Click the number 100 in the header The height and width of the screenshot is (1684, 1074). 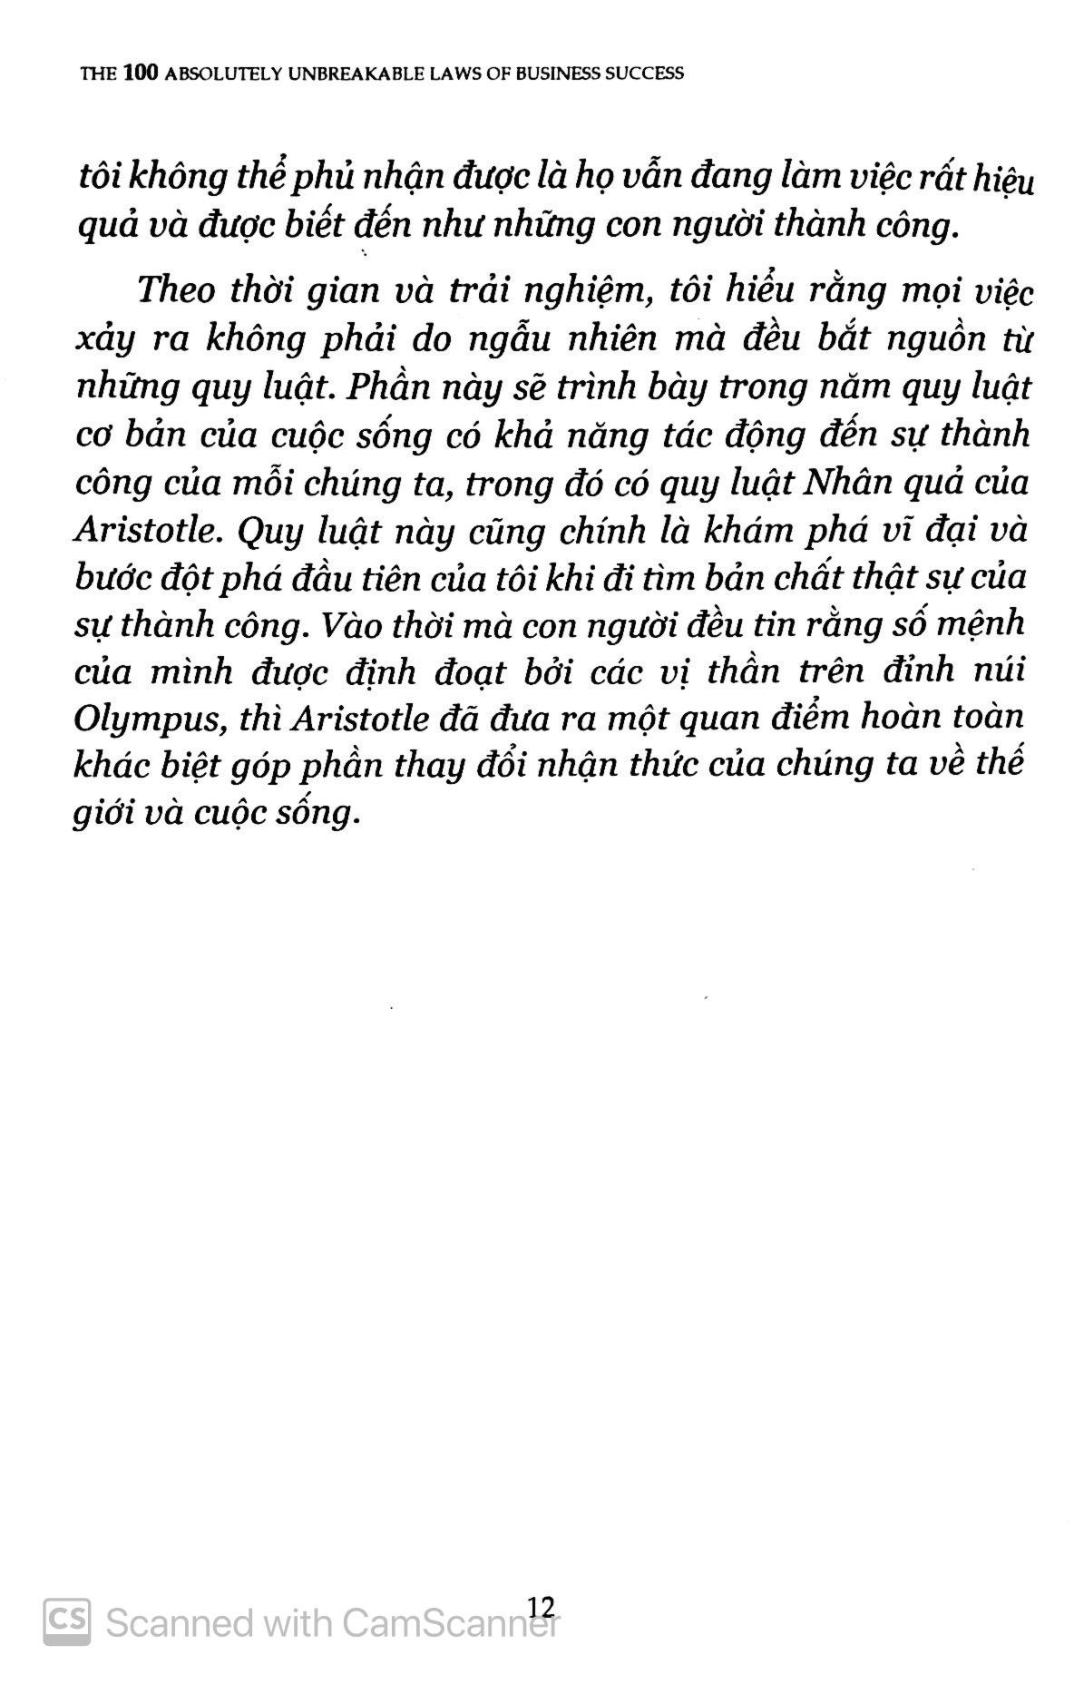[x=139, y=73]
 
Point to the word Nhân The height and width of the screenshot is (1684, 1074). [x=839, y=483]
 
